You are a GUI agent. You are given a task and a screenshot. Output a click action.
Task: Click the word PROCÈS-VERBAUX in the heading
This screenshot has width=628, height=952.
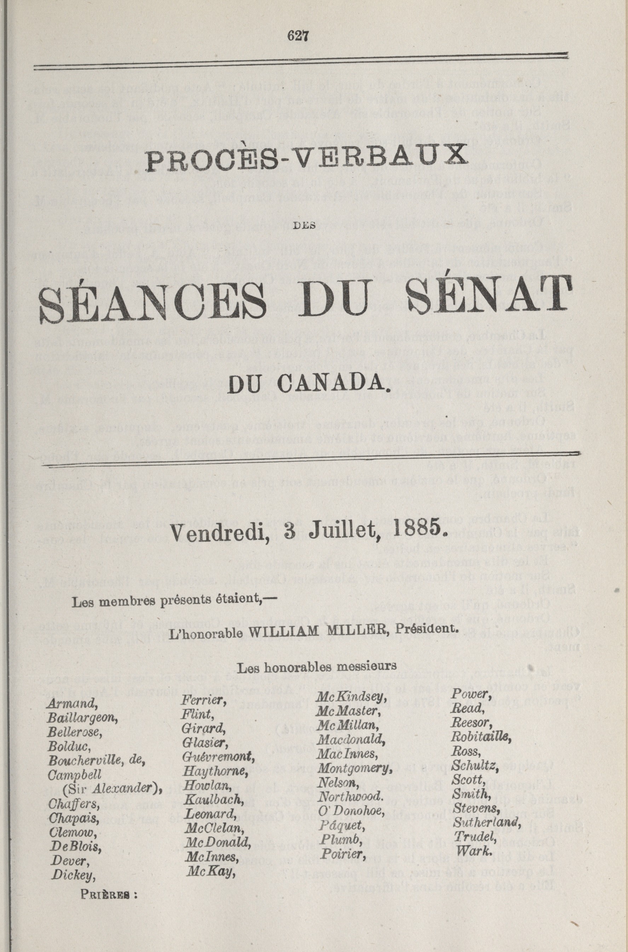click(x=307, y=158)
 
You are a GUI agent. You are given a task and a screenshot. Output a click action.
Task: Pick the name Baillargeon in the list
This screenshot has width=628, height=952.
click(x=82, y=719)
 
